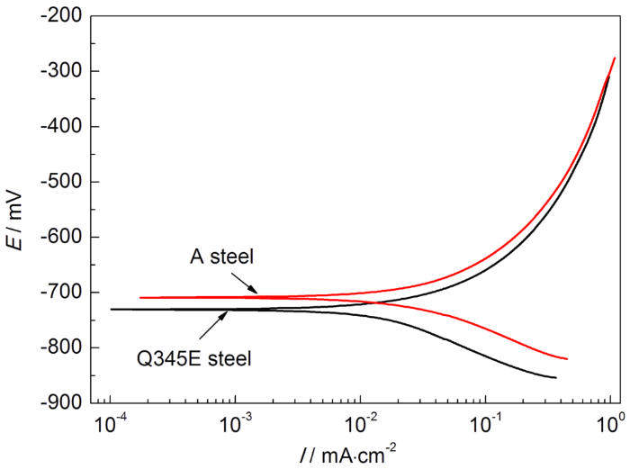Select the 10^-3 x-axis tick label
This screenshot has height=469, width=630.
(235, 421)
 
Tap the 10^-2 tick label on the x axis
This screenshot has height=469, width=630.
(360, 421)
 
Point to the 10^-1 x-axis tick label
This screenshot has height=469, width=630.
(485, 421)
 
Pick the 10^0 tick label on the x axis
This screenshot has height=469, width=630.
(611, 421)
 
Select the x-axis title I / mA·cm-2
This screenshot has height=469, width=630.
(359, 453)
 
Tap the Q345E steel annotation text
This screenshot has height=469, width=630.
(193, 358)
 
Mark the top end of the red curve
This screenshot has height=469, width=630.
(615, 59)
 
